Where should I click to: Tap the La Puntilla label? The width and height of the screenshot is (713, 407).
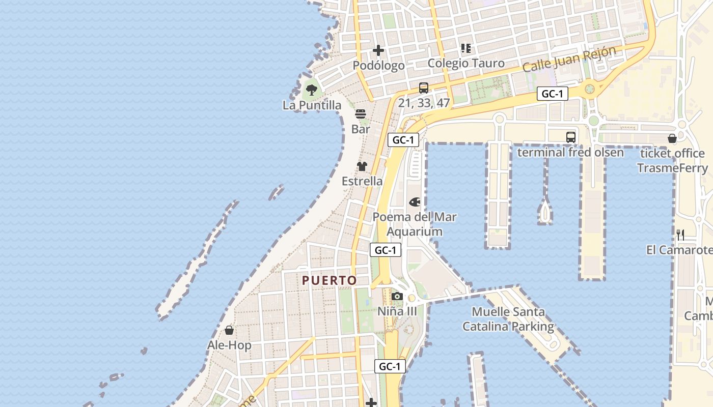pos(312,105)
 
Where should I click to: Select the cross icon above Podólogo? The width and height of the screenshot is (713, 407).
pos(378,50)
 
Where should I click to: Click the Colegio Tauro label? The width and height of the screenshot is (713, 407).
pos(466,63)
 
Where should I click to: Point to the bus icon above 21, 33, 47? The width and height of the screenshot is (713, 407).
pos(424,88)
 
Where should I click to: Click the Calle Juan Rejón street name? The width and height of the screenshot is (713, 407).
pos(569,60)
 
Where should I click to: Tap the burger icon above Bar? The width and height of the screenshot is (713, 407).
pos(361,114)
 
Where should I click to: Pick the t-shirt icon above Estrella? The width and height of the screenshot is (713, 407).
pos(362,166)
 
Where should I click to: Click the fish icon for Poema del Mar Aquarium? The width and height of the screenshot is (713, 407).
pos(415,202)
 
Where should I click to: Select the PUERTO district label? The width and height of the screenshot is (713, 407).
pos(330,280)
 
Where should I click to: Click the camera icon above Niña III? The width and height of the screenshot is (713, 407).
pos(397,296)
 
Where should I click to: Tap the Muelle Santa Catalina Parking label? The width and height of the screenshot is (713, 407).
pos(508,319)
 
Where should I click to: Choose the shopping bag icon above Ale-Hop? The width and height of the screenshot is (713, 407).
pos(229,331)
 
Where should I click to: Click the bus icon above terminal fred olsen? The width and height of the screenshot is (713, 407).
pos(570,137)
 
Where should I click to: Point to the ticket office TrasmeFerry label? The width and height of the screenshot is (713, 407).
pos(672,161)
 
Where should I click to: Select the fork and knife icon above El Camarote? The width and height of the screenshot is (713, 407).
pos(680,235)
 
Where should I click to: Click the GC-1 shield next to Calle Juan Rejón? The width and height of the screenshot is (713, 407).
pos(552,94)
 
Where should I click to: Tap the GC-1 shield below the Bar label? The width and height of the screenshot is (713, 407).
pos(403,140)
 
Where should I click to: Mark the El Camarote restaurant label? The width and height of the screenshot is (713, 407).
pos(679,250)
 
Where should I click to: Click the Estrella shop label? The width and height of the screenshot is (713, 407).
pos(362,181)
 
